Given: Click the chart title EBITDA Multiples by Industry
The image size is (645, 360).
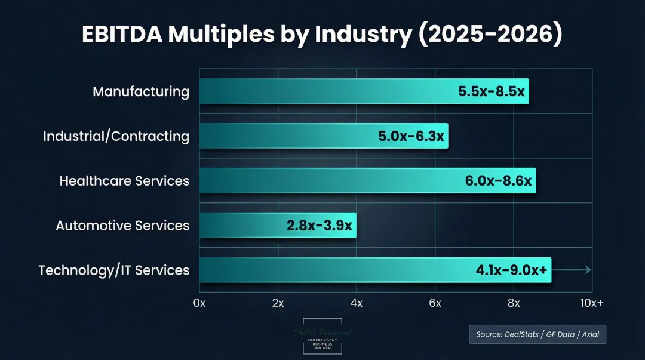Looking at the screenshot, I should pos(322,35).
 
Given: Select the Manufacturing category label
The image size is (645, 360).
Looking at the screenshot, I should pos(141,92).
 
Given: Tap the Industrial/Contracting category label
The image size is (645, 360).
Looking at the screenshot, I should pos(116,136).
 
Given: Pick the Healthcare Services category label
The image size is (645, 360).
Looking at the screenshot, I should pos(124,181).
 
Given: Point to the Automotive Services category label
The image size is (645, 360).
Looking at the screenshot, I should pos(122,226).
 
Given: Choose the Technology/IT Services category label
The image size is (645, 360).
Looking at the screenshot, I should pos(113,270).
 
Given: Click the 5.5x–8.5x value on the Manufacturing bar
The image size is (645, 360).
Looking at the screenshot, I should pos(490,92).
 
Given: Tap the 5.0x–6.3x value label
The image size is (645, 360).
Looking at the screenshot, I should pos(411,136).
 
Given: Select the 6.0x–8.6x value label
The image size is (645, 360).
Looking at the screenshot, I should pos(498,181).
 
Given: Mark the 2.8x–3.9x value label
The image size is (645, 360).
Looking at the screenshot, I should pos(319,226).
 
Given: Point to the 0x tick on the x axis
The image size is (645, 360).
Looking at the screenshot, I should pos(199,303).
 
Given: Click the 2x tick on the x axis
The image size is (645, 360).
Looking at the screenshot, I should pos(278,303).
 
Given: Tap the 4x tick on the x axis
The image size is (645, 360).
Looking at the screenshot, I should pos(357,303).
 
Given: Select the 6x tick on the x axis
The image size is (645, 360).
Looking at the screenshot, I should pos(435,303).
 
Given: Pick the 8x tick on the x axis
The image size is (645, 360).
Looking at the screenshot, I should pos(514,303).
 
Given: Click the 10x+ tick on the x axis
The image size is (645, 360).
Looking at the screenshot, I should pos(591,303).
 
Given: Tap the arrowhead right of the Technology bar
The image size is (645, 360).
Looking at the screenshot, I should pos(588,270).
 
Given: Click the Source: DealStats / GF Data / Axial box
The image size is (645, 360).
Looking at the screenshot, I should pos(537,334).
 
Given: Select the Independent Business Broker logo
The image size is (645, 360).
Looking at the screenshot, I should pos(322,338).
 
